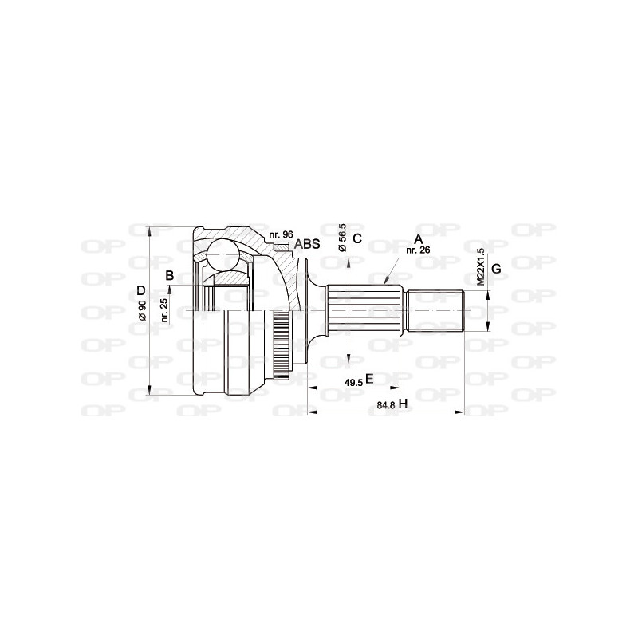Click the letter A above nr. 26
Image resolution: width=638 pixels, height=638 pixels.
click(417, 239)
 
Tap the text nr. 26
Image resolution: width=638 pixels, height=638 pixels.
click(418, 250)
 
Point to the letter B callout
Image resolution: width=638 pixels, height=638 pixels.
click(169, 276)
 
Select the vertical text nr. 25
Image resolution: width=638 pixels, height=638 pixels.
click(164, 309)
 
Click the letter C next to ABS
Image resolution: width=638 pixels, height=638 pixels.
click(357, 238)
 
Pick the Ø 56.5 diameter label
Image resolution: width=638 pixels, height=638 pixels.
click(342, 238)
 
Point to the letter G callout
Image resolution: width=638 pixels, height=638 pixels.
click(495, 269)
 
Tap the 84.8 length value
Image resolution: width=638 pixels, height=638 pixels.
click(387, 406)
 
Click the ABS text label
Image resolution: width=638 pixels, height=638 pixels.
click(307, 244)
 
